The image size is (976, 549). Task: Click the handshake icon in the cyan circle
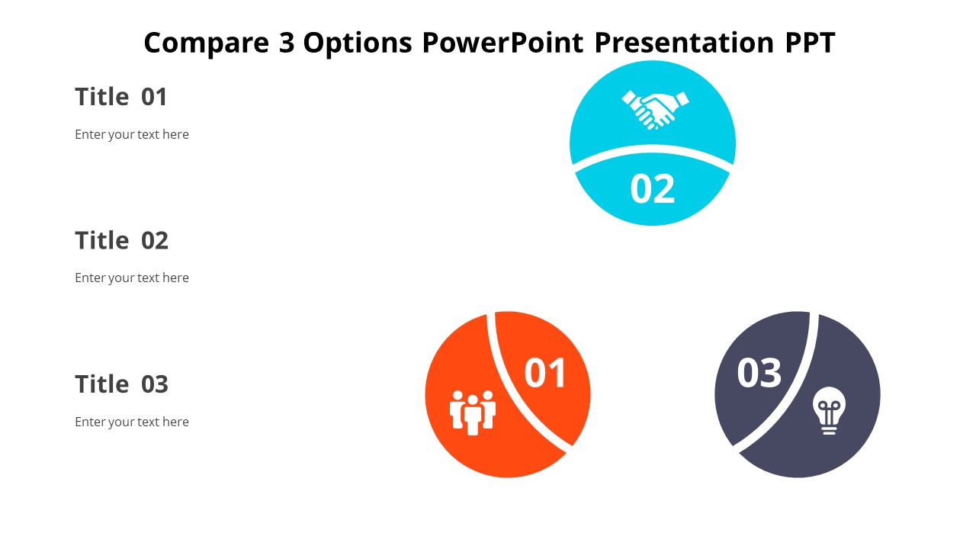pyautogui.click(x=654, y=109)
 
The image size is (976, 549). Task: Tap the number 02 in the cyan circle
pyautogui.click(x=653, y=189)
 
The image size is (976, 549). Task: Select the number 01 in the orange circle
pyautogui.click(x=545, y=374)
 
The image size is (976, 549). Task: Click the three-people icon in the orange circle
pyautogui.click(x=473, y=413)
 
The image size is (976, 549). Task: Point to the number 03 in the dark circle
pyautogui.click(x=759, y=374)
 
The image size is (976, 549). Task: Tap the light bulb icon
pyautogui.click(x=829, y=410)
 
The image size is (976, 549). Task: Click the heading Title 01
pyautogui.click(x=121, y=97)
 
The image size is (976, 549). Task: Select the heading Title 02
pyautogui.click(x=121, y=240)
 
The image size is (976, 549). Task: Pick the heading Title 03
pyautogui.click(x=121, y=384)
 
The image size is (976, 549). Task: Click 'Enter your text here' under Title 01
pyautogui.click(x=132, y=135)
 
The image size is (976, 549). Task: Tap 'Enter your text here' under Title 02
pyautogui.click(x=132, y=278)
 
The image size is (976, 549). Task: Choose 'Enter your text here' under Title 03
pyautogui.click(x=132, y=422)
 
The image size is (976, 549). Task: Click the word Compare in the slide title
pyautogui.click(x=201, y=43)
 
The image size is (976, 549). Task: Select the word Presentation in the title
pyautogui.click(x=684, y=43)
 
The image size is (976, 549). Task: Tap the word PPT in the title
pyautogui.click(x=810, y=43)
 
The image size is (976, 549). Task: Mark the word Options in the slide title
pyautogui.click(x=358, y=43)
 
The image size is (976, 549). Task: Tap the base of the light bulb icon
pyautogui.click(x=829, y=429)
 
